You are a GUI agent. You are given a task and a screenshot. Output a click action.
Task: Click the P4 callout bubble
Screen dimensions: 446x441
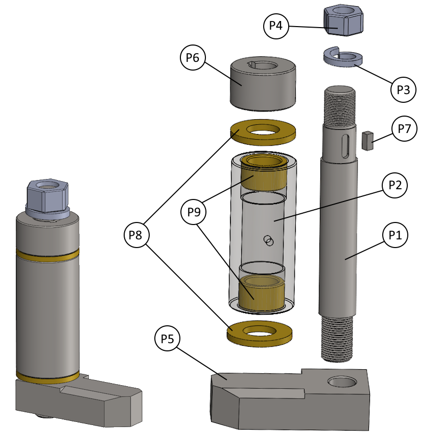(276, 26)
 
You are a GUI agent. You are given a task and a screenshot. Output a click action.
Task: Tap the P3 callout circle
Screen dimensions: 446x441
(403, 90)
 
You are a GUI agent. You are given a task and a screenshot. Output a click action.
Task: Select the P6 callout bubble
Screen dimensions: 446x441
(193, 58)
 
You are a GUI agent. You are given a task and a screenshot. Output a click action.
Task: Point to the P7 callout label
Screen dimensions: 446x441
(404, 129)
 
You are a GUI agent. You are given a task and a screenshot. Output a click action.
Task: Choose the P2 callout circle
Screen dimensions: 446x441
(395, 185)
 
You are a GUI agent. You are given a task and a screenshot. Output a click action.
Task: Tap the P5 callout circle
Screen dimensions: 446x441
(168, 339)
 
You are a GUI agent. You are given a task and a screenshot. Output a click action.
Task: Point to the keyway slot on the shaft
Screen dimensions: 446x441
(345, 143)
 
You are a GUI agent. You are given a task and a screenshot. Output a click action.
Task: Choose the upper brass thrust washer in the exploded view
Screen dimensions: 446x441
(264, 132)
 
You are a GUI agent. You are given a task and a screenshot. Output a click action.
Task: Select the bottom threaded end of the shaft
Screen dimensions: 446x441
(337, 338)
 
